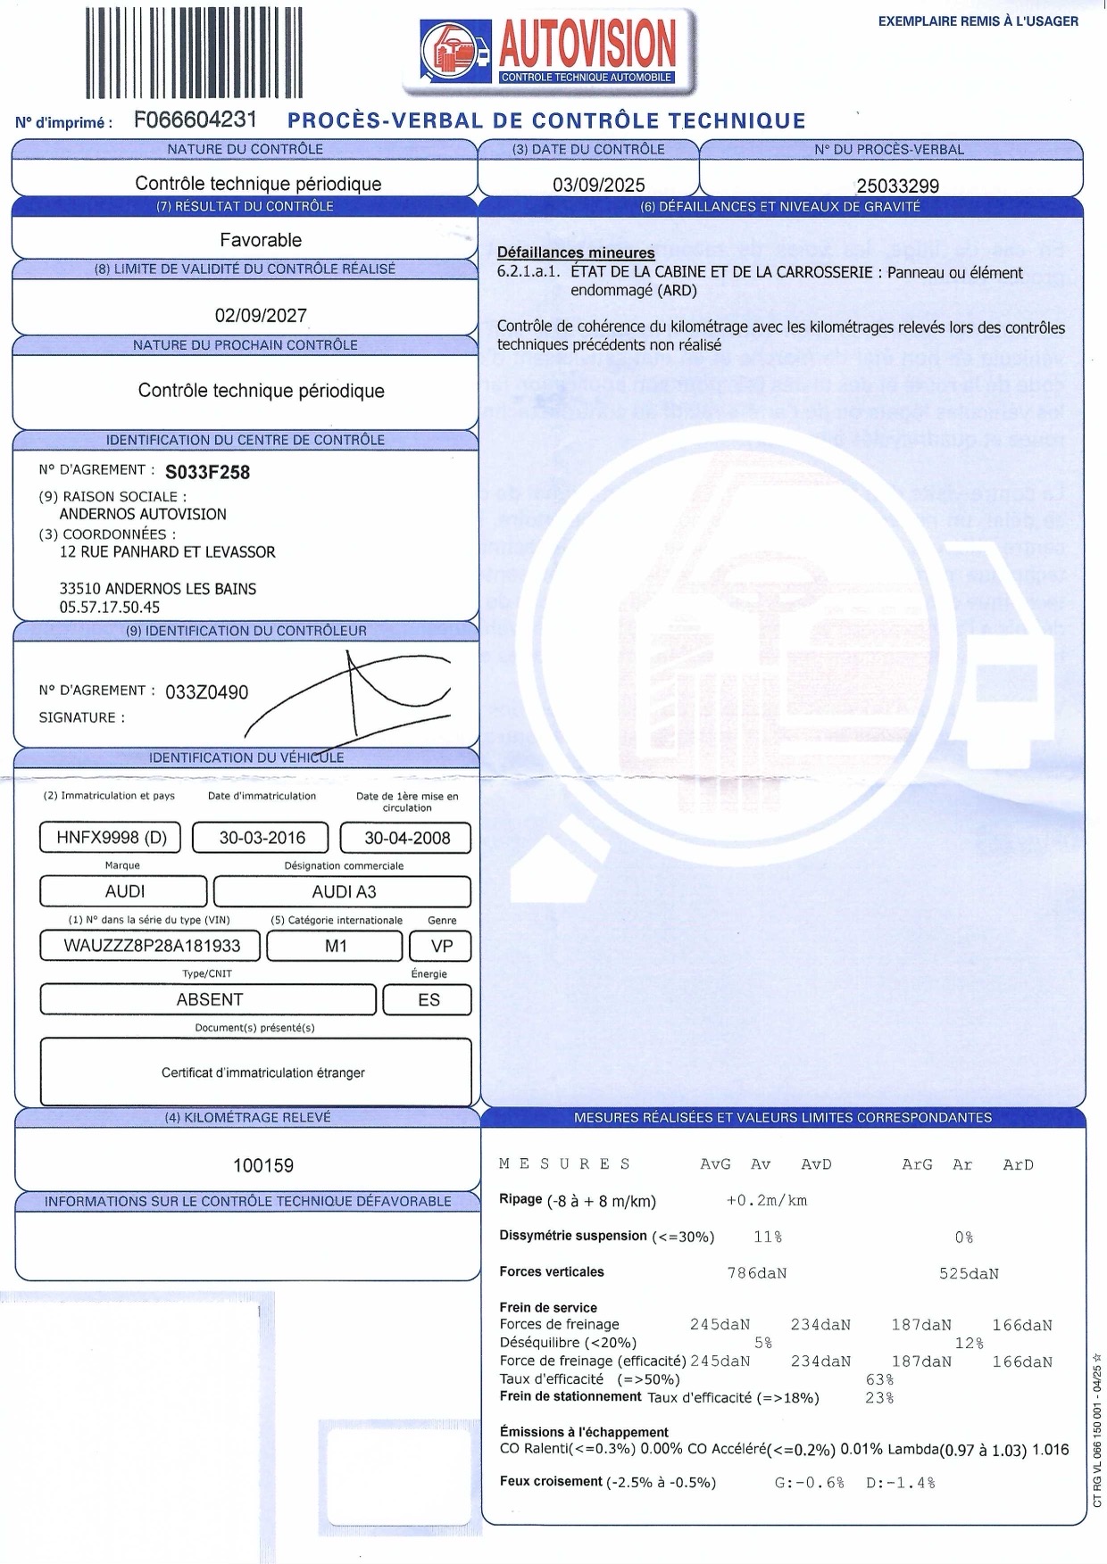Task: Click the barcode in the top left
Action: click(194, 52)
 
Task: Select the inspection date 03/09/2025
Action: click(598, 186)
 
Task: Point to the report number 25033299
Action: click(897, 186)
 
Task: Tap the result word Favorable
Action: click(261, 240)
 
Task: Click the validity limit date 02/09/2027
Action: click(261, 316)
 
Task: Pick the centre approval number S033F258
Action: click(207, 472)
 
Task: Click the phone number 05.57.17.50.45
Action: click(110, 608)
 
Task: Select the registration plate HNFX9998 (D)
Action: click(111, 838)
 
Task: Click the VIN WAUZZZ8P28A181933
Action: click(152, 946)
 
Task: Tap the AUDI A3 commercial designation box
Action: click(342, 891)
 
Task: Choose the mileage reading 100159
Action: click(263, 1165)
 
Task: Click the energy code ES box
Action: click(429, 1000)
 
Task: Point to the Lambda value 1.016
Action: click(1050, 1450)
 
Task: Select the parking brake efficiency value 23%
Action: click(879, 1398)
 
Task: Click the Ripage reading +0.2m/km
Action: click(767, 1201)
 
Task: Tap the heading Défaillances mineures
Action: click(576, 253)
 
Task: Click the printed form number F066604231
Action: click(196, 120)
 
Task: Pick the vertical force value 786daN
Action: click(757, 1273)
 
